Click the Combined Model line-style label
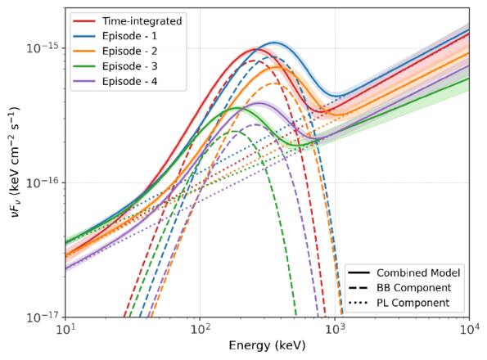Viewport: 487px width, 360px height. pos(417,272)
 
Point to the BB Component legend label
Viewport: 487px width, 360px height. pos(413,287)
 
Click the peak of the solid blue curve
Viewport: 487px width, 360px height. pos(275,43)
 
